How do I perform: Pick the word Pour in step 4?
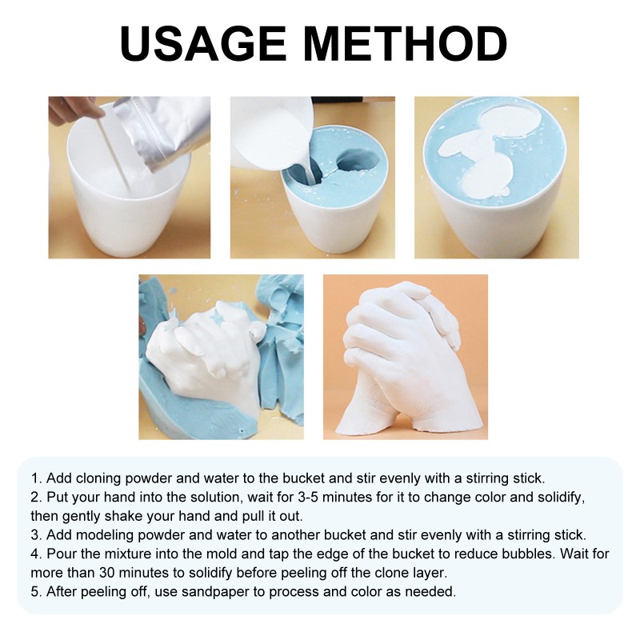59,554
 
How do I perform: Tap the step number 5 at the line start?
35,592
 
